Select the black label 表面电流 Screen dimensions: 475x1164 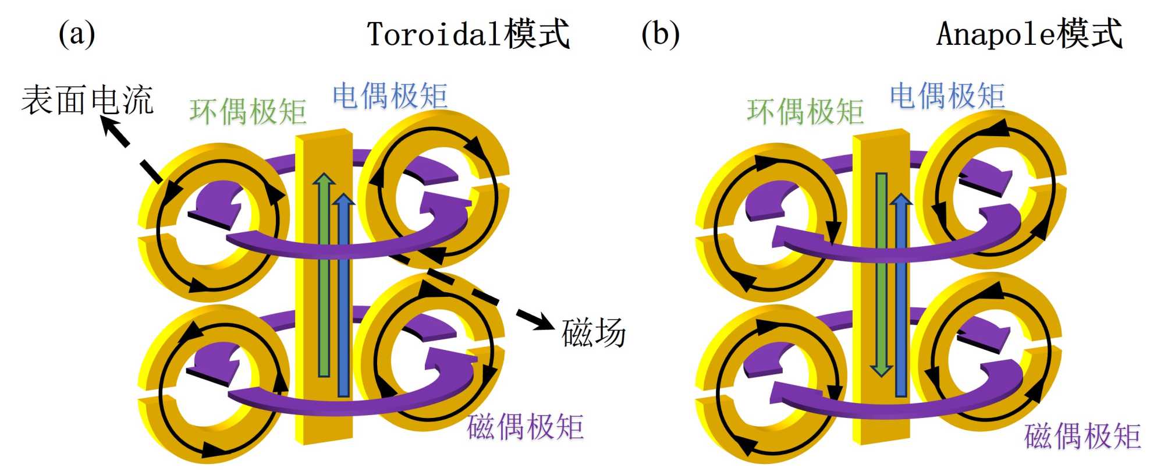tap(87, 100)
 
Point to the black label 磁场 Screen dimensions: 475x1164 tap(593, 333)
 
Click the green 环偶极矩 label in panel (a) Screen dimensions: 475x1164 tap(248, 112)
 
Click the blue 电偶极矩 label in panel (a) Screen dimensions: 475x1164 tap(390, 96)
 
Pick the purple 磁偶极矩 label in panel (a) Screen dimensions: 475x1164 tap(525, 427)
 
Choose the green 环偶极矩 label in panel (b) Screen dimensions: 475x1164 tap(805, 112)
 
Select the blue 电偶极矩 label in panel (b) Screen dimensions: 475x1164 tap(947, 96)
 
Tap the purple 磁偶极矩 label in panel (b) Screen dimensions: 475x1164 tap(1083, 437)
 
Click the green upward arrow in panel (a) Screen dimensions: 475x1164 tap(324, 274)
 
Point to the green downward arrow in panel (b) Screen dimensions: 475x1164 tap(881, 274)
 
